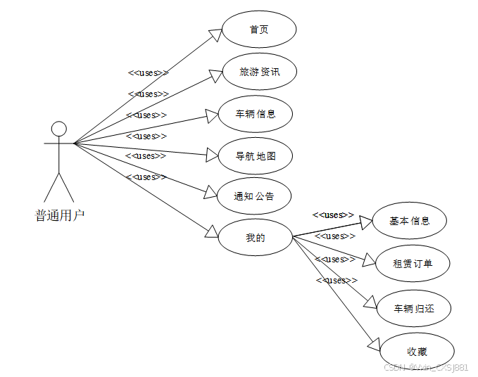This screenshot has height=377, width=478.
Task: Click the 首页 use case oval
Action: coord(259,30)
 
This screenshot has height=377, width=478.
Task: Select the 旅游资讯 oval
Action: coord(259,71)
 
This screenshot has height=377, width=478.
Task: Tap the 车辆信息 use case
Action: coord(255,113)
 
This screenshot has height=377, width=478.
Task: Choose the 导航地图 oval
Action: coord(255,155)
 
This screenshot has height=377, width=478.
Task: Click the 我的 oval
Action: coord(255,238)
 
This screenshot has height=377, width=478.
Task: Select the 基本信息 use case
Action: coord(409,221)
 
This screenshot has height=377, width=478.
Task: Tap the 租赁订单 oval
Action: coord(412,264)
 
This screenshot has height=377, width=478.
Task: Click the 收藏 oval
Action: coord(417,351)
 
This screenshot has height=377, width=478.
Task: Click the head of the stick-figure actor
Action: coord(59,128)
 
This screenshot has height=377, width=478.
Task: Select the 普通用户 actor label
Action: coord(60,215)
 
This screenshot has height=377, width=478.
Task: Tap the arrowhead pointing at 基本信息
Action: coord(365,223)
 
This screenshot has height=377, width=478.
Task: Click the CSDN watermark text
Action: coord(425,368)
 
